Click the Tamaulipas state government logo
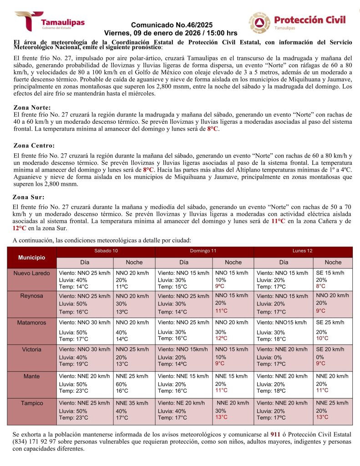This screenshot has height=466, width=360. (x=49, y=21)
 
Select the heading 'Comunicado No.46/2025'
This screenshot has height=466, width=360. (x=171, y=25)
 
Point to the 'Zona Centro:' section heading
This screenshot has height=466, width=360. (x=34, y=146)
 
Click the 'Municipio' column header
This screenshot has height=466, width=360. (x=31, y=257)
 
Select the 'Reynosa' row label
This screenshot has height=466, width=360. (x=31, y=296)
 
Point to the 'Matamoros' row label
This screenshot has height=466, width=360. (x=31, y=323)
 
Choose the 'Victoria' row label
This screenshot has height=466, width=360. (x=31, y=349)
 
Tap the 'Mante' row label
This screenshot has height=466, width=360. (x=31, y=376)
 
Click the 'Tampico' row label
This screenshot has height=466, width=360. (x=31, y=403)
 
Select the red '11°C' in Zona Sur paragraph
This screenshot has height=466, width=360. (x=278, y=221)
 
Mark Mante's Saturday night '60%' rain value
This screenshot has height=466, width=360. (x=122, y=384)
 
